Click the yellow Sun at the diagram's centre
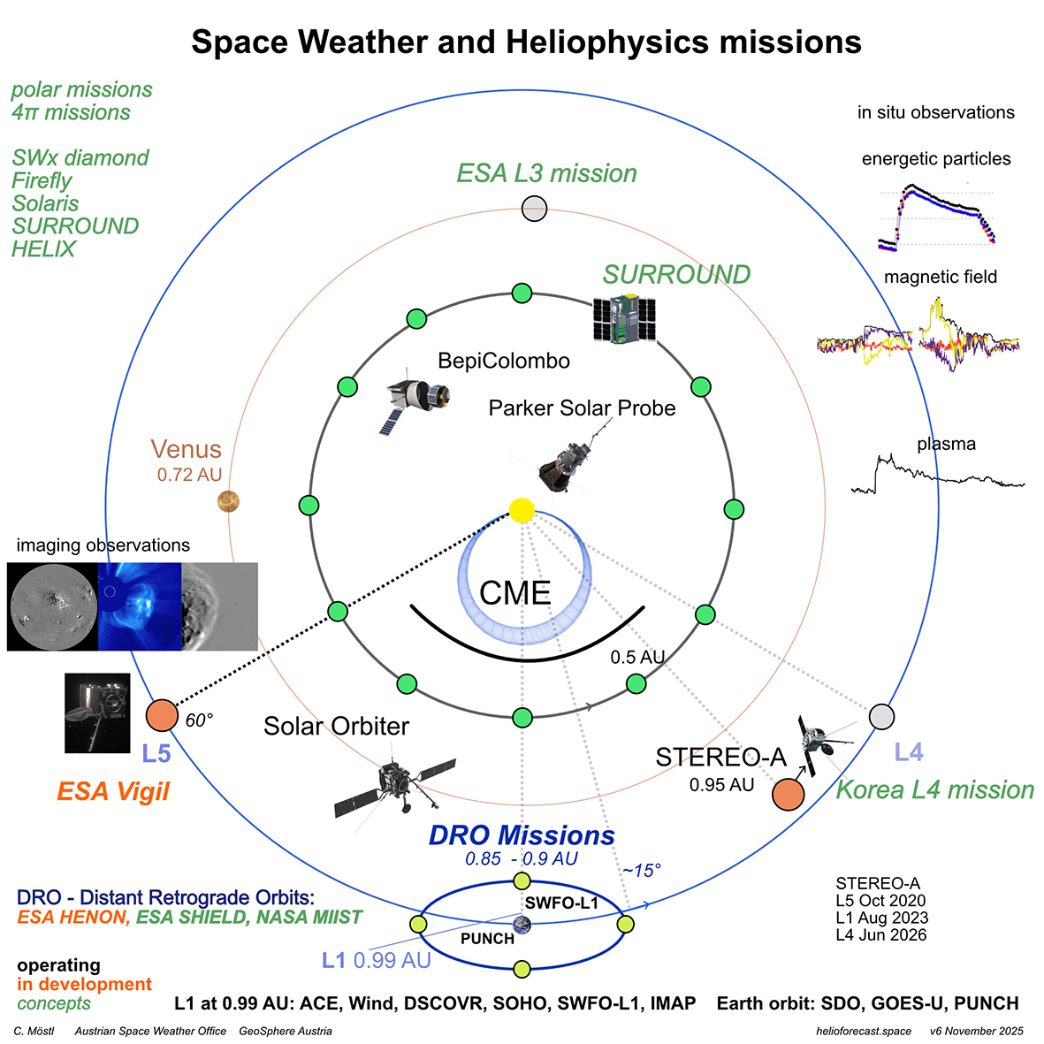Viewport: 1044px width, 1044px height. pyautogui.click(x=522, y=510)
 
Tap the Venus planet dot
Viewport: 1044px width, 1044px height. pyautogui.click(x=229, y=502)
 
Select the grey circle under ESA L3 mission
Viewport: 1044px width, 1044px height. pyautogui.click(x=535, y=209)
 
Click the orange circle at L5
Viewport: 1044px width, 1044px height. pyautogui.click(x=162, y=715)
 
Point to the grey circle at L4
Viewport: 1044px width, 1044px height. pyautogui.click(x=881, y=716)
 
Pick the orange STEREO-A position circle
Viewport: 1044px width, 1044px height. pyautogui.click(x=788, y=794)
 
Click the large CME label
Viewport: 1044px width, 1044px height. pyautogui.click(x=514, y=593)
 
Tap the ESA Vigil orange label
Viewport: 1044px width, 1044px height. pyautogui.click(x=113, y=791)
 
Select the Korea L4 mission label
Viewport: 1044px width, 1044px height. pyautogui.click(x=934, y=789)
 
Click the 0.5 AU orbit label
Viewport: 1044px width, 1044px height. pyautogui.click(x=637, y=658)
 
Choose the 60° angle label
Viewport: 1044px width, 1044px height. pyautogui.click(x=199, y=720)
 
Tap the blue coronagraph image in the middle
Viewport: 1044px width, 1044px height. pyautogui.click(x=140, y=606)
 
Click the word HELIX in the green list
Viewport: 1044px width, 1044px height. pyautogui.click(x=44, y=249)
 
